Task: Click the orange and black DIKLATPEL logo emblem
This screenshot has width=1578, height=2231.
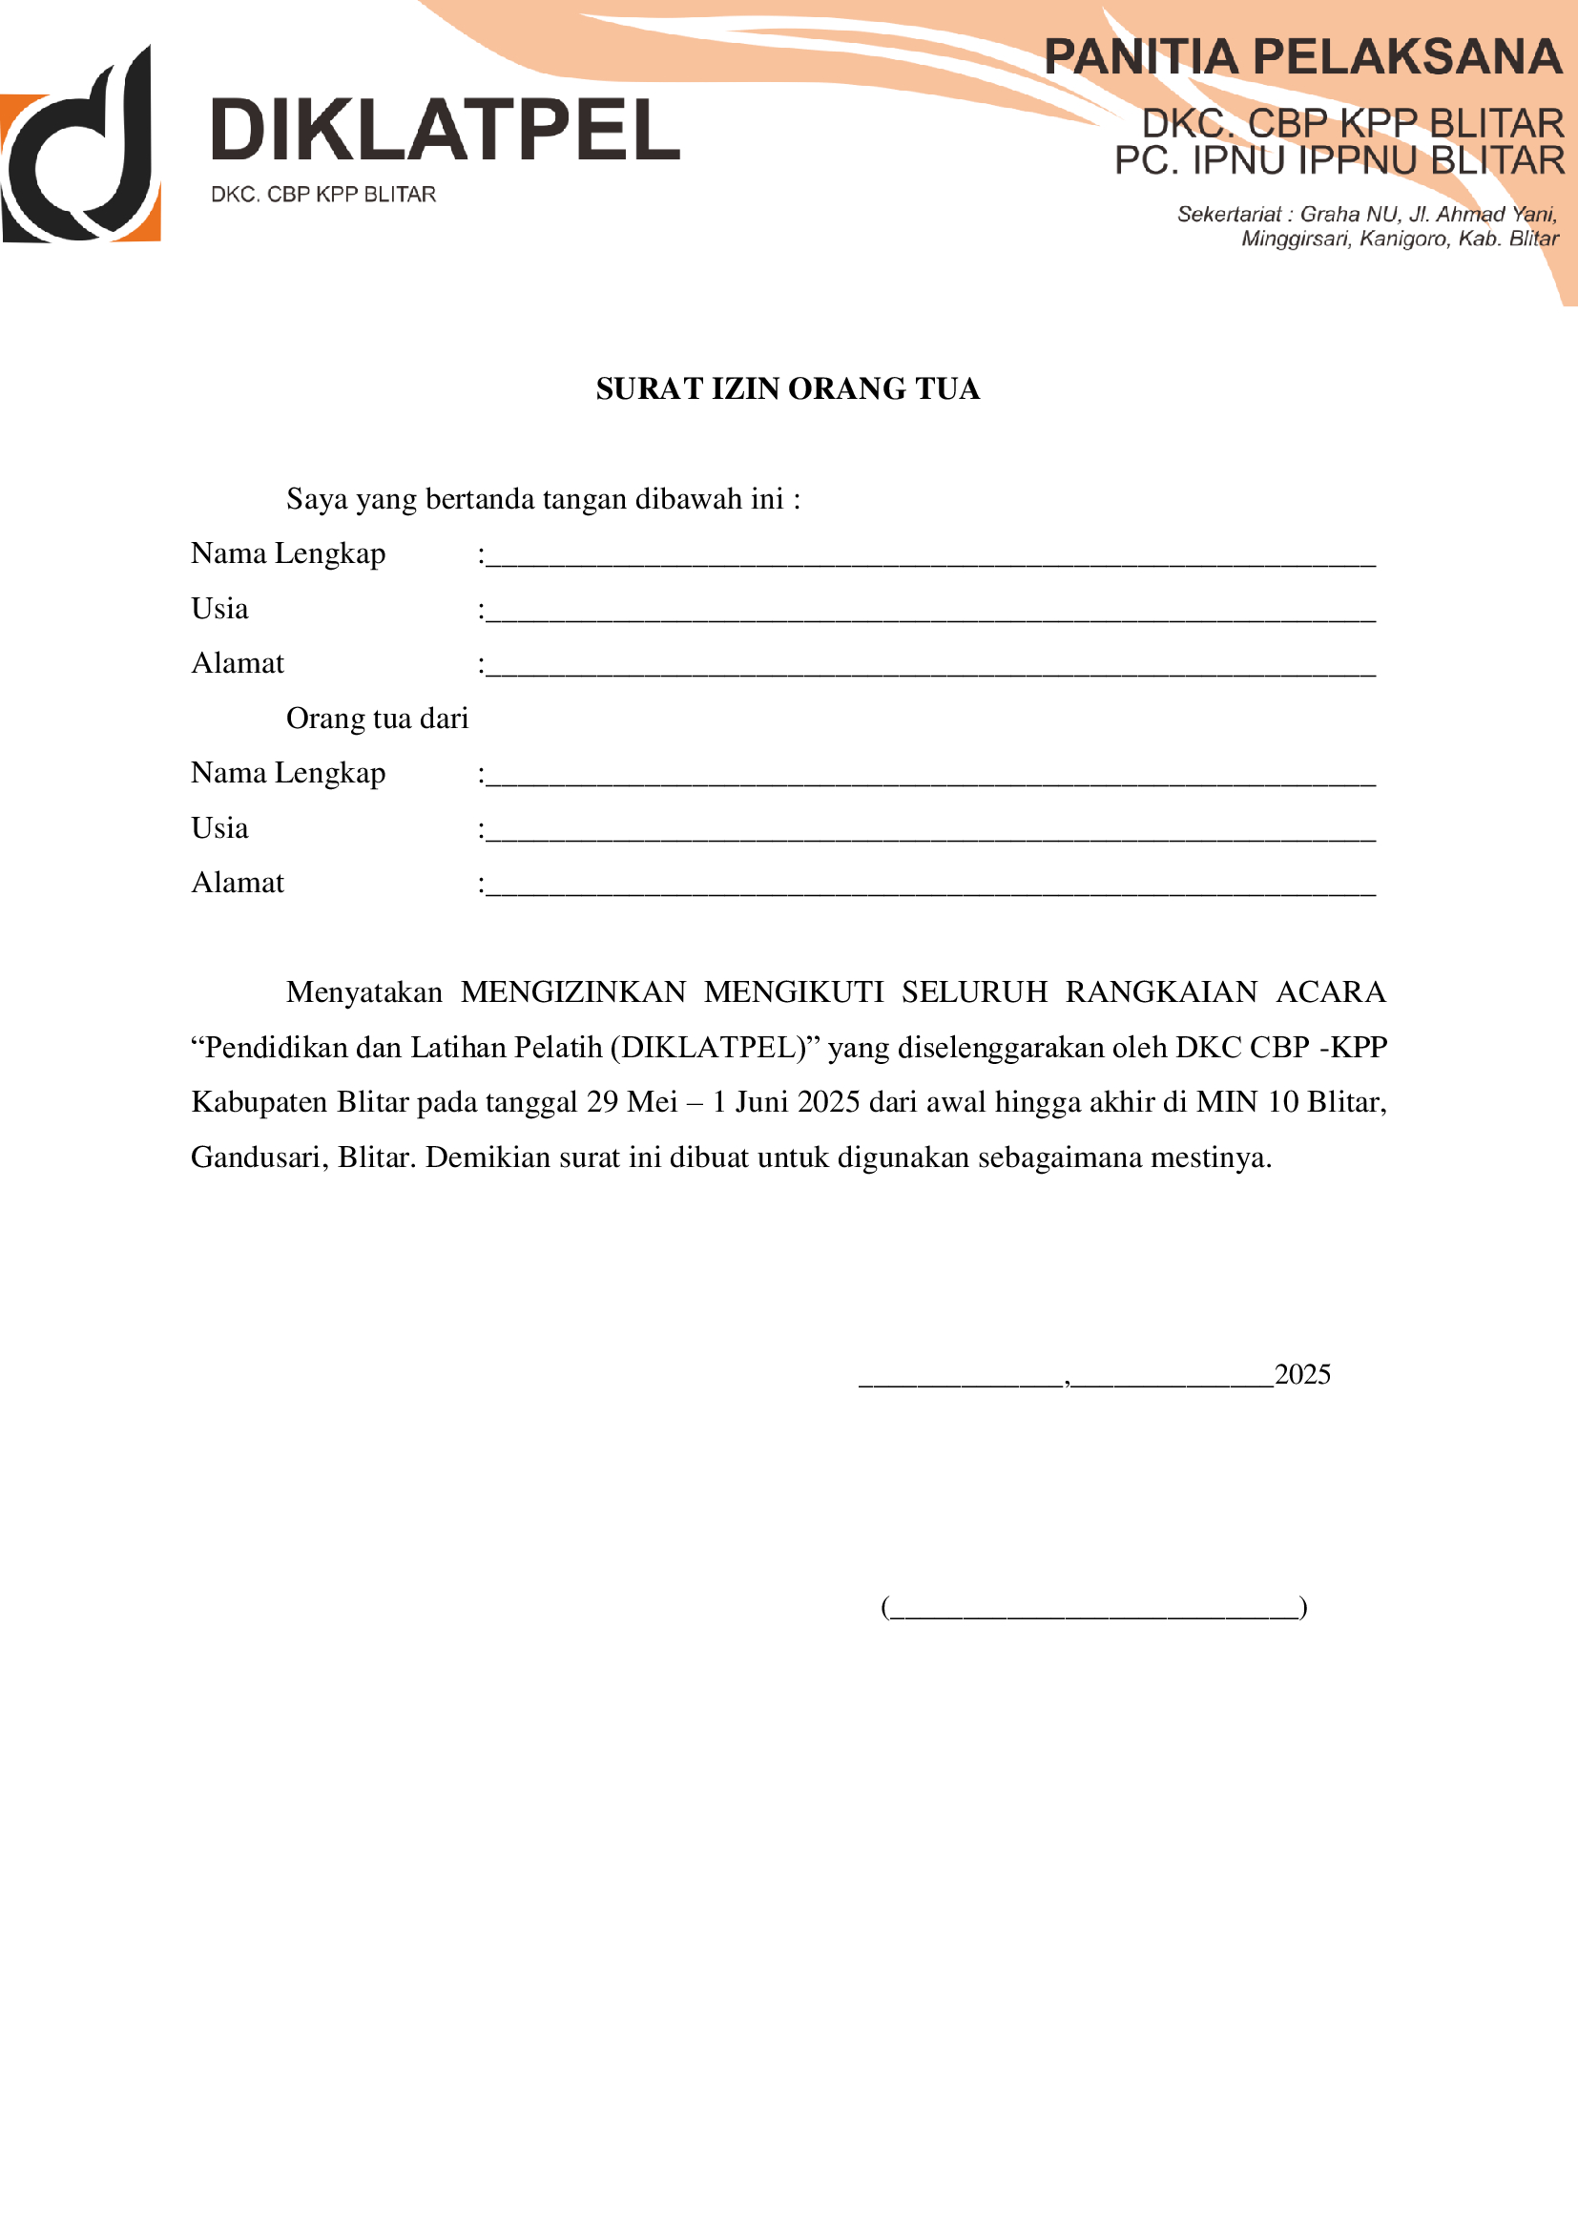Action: click(81, 146)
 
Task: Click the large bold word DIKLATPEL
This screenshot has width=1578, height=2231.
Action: click(445, 130)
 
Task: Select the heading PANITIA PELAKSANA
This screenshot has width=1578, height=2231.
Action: click(1302, 57)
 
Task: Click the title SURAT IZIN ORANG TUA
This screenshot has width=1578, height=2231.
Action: click(787, 388)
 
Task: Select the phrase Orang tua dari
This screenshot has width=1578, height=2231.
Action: click(377, 719)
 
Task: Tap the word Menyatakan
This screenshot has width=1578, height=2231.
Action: click(363, 992)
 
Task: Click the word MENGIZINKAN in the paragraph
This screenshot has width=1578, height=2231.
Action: click(572, 992)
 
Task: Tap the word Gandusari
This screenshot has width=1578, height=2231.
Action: click(257, 1157)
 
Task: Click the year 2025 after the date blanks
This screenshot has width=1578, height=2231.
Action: click(1301, 1375)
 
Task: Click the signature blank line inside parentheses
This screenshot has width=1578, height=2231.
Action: click(1093, 1608)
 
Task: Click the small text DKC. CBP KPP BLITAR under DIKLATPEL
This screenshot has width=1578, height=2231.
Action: click(322, 195)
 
